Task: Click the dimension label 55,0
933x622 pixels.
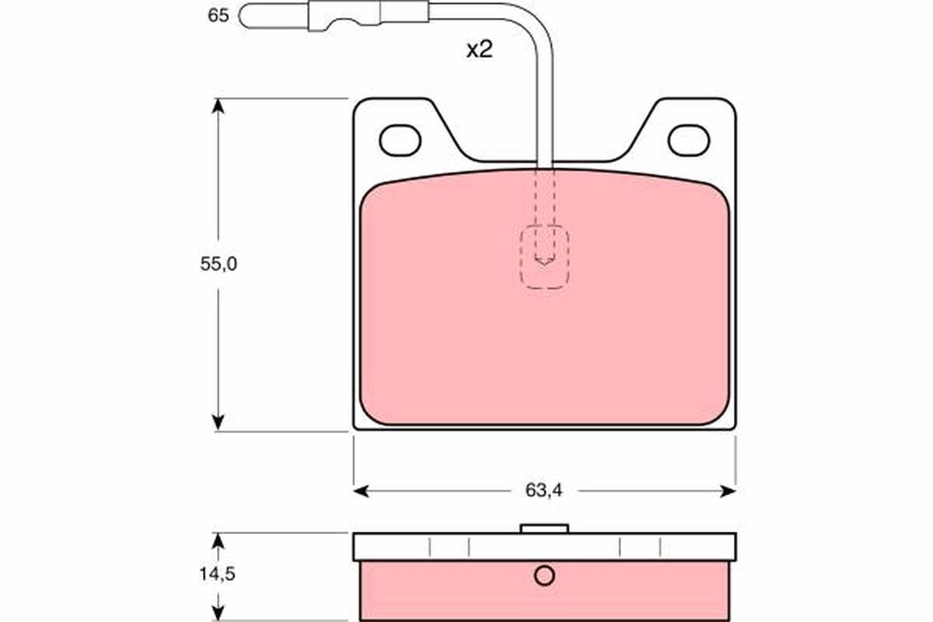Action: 218,264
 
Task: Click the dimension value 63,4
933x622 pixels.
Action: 543,490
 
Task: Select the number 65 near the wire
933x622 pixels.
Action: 218,15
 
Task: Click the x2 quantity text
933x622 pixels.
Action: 480,51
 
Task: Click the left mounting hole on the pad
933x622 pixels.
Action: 400,140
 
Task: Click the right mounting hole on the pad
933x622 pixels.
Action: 689,140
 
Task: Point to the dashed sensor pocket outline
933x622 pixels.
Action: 544,258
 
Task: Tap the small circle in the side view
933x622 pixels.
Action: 544,576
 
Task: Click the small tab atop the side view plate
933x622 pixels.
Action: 544,529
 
